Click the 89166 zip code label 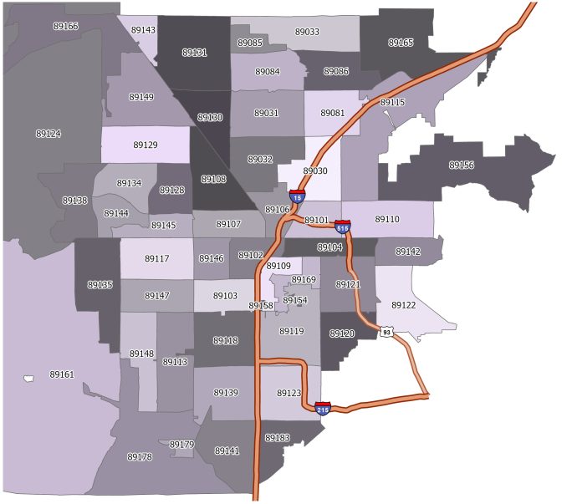(x=64, y=27)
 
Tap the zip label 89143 (x=143, y=30)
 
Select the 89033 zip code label (x=307, y=32)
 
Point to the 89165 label (x=401, y=42)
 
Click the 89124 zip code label (x=49, y=134)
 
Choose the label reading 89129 (x=146, y=145)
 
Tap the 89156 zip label (x=462, y=165)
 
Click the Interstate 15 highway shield (x=298, y=197)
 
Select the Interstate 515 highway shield (x=343, y=226)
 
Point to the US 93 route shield (x=386, y=332)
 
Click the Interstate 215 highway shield (x=323, y=408)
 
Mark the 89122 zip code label (x=403, y=305)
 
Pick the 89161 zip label (x=62, y=374)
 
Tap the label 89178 (x=140, y=457)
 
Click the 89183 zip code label (x=277, y=438)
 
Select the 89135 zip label (x=100, y=285)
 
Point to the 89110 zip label (x=387, y=219)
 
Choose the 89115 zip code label (x=392, y=102)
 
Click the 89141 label (x=227, y=451)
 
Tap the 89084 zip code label (x=267, y=72)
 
